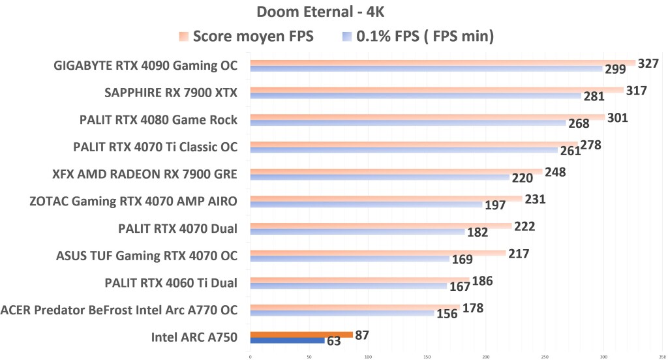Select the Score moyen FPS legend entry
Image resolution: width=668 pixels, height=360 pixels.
point(247,37)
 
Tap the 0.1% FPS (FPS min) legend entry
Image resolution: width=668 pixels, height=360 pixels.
point(417,37)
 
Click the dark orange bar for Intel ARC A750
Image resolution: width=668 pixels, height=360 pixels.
point(301,335)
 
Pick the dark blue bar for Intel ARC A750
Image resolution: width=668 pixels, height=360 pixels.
point(287,340)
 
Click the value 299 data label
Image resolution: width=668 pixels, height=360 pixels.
point(615,69)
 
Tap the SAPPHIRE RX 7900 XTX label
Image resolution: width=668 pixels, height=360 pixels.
point(171,93)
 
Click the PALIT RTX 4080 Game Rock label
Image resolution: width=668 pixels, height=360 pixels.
point(159,119)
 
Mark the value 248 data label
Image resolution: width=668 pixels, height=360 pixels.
point(554,172)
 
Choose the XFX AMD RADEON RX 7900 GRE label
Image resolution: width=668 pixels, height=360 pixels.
point(145,174)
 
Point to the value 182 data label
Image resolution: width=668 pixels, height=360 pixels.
point(477,232)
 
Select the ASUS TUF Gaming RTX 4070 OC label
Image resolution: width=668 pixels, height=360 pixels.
point(147,255)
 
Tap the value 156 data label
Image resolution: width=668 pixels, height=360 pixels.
point(446,314)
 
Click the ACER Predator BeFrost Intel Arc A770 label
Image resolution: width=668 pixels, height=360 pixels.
point(119,310)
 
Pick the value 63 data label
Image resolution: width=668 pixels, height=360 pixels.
point(333,341)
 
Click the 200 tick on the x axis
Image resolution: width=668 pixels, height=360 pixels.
point(486,357)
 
